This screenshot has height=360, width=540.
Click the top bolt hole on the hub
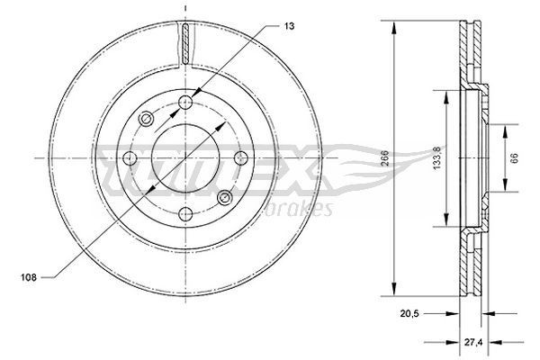[184, 102]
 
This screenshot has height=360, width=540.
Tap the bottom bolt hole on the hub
[184, 213]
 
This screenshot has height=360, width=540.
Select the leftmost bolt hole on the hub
[129, 158]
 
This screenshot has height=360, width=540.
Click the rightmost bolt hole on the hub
[240, 158]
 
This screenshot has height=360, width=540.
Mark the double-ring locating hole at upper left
[146, 119]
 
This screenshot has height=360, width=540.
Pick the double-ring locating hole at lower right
[224, 197]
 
